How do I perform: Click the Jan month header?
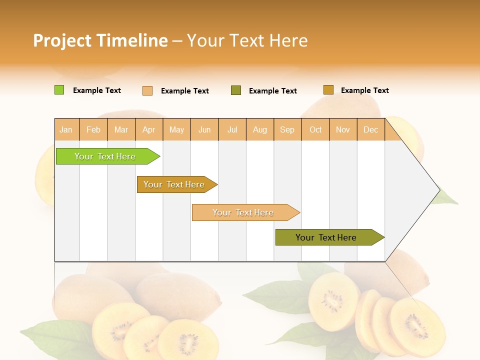click(66, 129)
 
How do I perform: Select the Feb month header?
click(93, 129)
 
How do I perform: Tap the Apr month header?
click(149, 129)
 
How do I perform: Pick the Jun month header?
click(204, 129)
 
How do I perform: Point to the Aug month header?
click(260, 129)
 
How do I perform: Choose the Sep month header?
click(287, 129)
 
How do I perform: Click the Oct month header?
click(315, 129)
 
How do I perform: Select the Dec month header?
click(371, 129)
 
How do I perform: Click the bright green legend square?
click(59, 90)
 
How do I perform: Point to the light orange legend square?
click(147, 90)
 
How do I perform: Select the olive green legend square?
click(236, 90)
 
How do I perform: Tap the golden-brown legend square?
click(328, 90)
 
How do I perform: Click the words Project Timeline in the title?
click(100, 40)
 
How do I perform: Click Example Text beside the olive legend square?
click(273, 90)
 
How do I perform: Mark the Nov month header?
click(343, 129)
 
